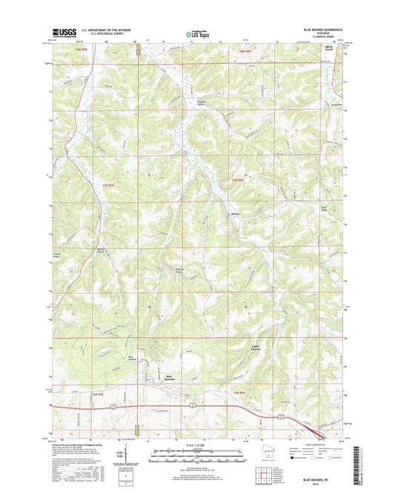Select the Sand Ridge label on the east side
322,210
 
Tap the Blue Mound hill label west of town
131,358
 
